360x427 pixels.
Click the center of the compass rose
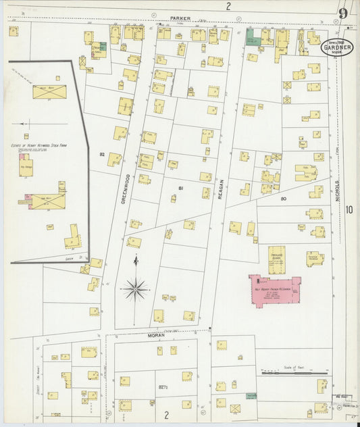[x=135, y=290]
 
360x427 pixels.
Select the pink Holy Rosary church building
[x=275, y=289]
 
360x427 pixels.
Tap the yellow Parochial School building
[x=276, y=259]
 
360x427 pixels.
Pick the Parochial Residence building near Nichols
[x=314, y=258]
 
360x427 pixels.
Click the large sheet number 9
[x=344, y=14]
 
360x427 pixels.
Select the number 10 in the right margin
[x=349, y=210]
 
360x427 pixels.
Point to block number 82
[x=103, y=155]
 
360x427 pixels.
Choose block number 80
[x=284, y=199]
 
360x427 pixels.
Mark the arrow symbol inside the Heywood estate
[x=26, y=124]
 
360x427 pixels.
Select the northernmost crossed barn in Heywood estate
[x=49, y=92]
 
